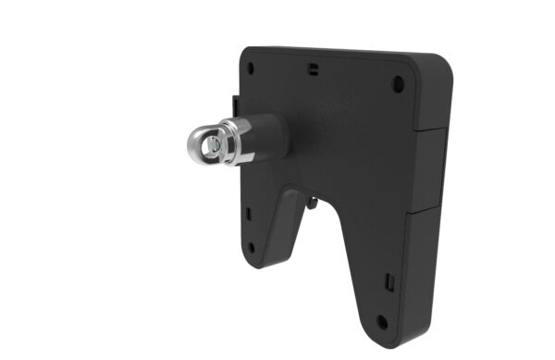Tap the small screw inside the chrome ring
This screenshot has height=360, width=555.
point(215,144)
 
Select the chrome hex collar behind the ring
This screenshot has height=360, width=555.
point(239,142)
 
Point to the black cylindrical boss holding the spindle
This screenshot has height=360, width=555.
point(268,136)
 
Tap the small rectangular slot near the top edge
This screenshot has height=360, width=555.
point(313,68)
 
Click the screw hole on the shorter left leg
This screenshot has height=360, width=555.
point(251,247)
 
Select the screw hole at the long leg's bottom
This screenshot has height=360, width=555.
point(381,322)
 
